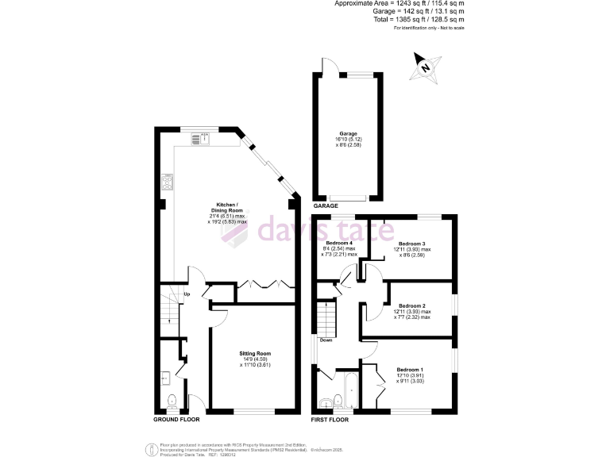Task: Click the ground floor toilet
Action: [x=173, y=401]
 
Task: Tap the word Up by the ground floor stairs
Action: [x=187, y=295]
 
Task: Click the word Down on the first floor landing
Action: [x=326, y=340]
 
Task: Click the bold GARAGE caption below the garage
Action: [x=326, y=205]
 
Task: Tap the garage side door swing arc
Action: [x=326, y=67]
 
